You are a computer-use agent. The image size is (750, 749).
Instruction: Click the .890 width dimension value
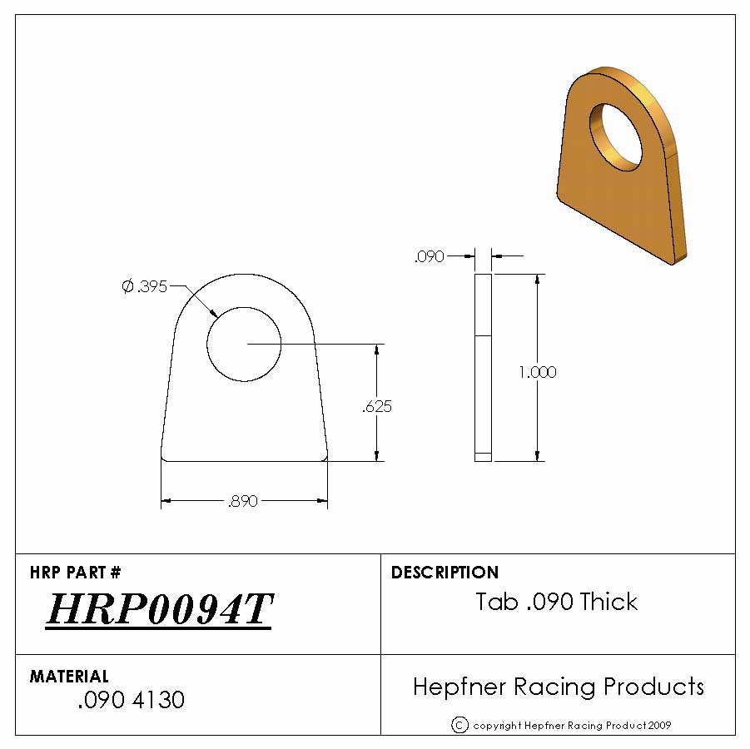click(x=243, y=501)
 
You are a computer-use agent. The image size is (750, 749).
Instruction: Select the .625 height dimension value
click(x=377, y=407)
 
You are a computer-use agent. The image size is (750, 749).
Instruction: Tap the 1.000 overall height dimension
click(x=538, y=372)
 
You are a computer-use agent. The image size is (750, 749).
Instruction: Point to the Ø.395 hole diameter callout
click(x=145, y=286)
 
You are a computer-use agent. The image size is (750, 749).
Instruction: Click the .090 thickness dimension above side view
click(x=429, y=257)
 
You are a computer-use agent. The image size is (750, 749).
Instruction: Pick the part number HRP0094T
click(x=160, y=609)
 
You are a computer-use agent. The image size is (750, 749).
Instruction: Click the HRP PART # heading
click(x=76, y=572)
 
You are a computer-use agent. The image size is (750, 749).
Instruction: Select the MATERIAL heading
click(x=69, y=676)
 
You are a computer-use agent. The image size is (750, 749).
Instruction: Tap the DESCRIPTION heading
click(x=445, y=572)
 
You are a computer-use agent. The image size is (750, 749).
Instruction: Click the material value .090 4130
click(x=131, y=700)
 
